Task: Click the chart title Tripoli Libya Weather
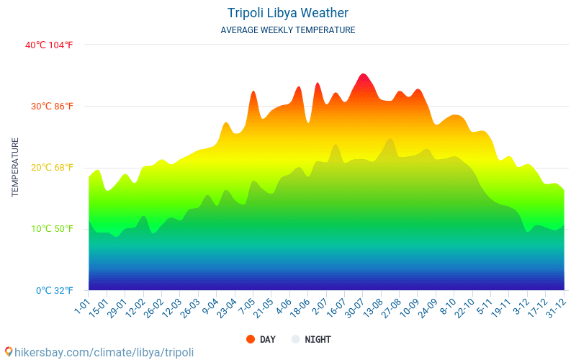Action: (x=288, y=13)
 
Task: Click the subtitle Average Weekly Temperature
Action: (x=288, y=30)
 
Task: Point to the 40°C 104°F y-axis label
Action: (x=49, y=45)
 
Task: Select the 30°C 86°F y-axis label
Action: (x=51, y=107)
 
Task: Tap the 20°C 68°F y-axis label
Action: (x=51, y=168)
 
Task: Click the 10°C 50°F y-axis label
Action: (x=51, y=229)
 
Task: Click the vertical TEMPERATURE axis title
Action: (x=15, y=168)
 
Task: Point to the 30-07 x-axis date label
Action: (x=354, y=307)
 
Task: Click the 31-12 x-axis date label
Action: (x=554, y=307)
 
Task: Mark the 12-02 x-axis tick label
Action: (x=135, y=307)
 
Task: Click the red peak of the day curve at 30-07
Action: (x=363, y=75)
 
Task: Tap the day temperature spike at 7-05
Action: (x=253, y=92)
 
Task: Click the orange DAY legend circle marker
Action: (x=251, y=339)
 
